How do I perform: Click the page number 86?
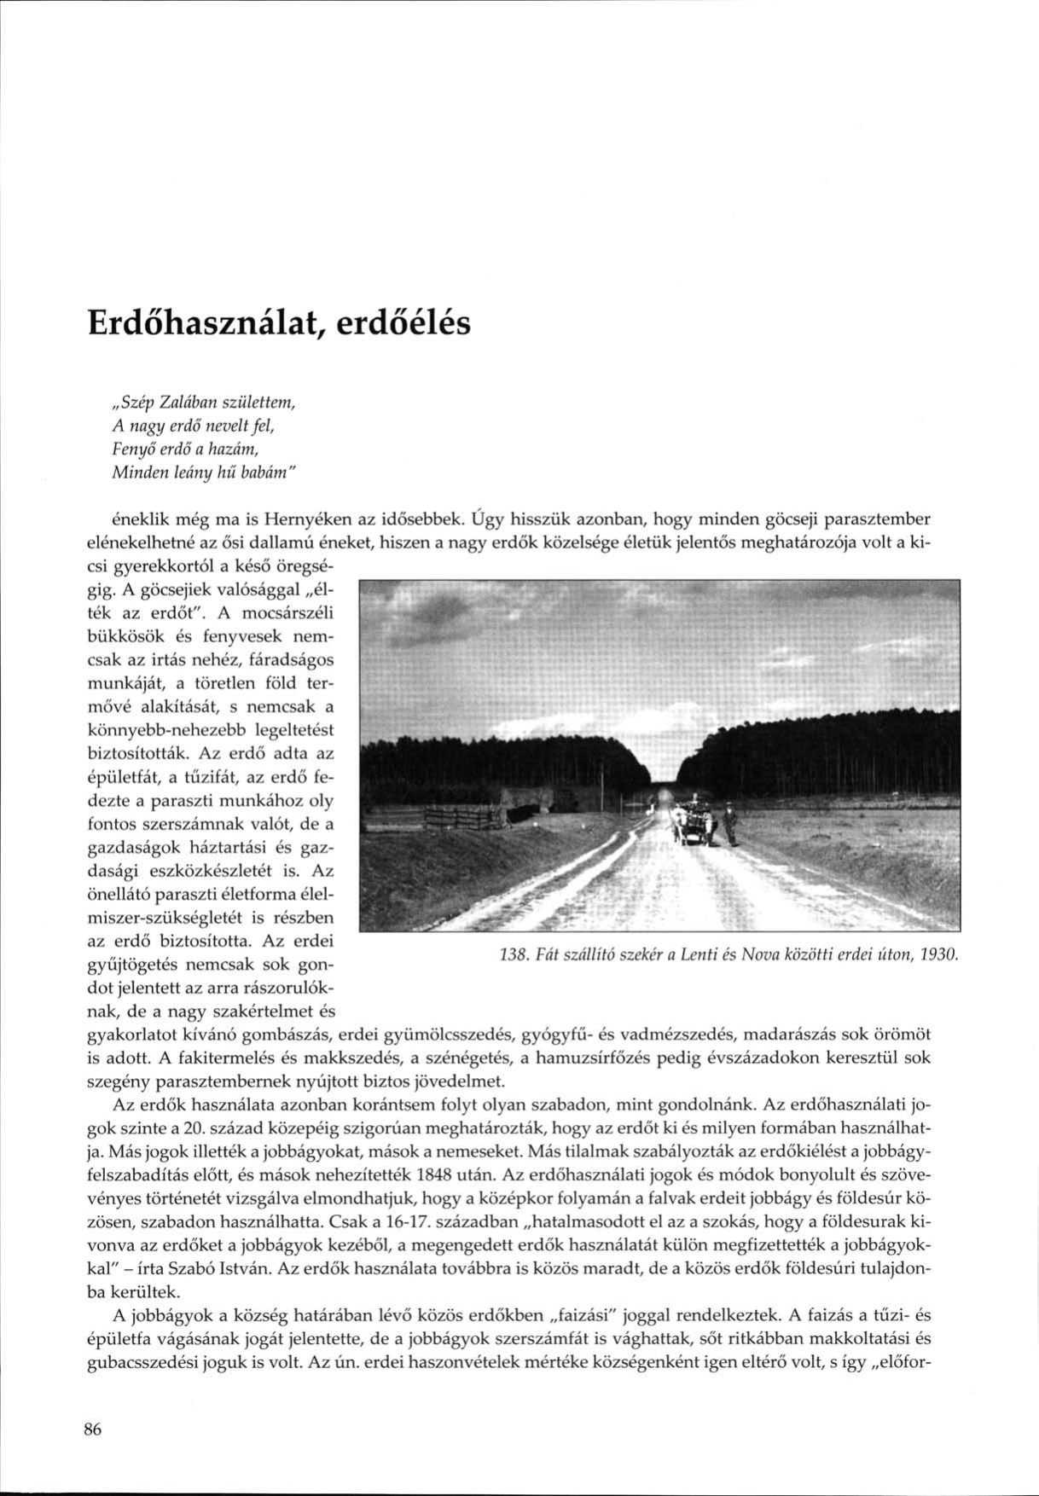click(x=93, y=1430)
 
